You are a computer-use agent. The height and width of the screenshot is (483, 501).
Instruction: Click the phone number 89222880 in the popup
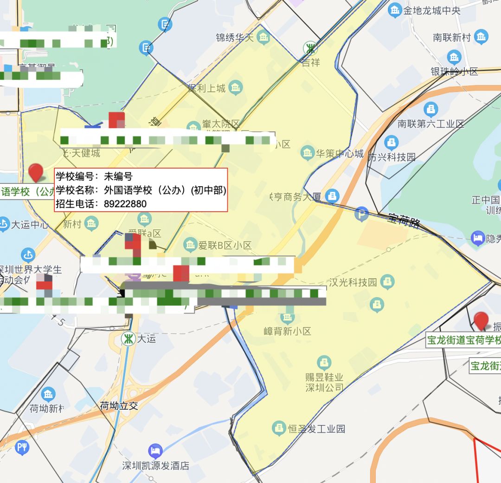coord(125,204)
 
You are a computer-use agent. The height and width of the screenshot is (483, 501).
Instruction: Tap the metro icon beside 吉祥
coord(310,48)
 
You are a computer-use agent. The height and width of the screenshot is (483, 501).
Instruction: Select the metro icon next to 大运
coord(128,339)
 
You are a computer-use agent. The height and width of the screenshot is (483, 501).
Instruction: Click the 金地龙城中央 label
coord(431,10)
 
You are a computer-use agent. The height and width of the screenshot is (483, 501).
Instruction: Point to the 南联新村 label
coord(452,37)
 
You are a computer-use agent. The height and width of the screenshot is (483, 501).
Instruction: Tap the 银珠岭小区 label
coord(454,72)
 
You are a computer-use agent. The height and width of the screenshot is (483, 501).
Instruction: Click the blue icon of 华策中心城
coord(307,152)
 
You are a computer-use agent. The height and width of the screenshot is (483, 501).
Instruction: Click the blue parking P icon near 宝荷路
coord(361,214)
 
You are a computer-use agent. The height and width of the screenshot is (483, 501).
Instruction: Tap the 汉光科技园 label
coord(353,282)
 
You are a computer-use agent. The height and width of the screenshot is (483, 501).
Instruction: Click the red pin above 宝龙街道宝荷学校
coord(481,320)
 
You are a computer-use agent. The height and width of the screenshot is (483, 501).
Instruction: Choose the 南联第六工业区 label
coord(431,124)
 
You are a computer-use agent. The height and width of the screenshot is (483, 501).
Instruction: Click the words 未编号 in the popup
coord(118,176)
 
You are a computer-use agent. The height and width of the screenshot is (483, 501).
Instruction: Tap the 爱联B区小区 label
coord(225,245)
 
